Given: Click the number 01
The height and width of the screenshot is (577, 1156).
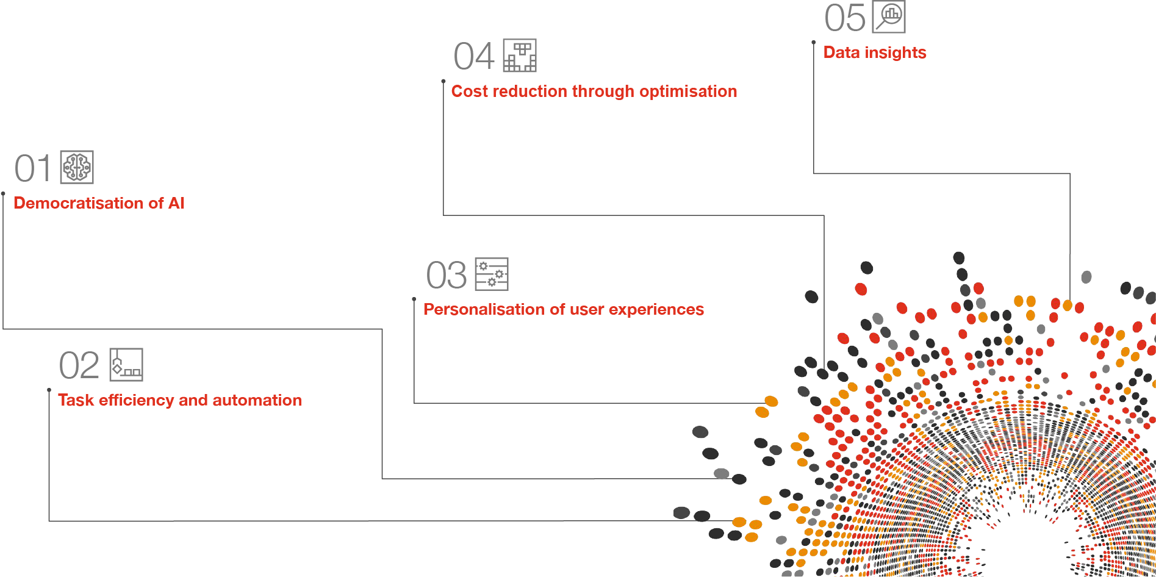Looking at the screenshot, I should click(x=33, y=168).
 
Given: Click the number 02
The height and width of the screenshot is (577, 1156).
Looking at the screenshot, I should click(x=79, y=366).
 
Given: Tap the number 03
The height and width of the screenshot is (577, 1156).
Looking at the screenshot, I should click(x=447, y=275).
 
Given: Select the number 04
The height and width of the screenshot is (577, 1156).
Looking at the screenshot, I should click(x=473, y=57).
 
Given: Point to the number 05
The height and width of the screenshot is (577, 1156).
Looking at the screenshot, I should click(x=844, y=18).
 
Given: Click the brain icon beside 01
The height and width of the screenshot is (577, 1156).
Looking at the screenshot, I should click(x=77, y=167).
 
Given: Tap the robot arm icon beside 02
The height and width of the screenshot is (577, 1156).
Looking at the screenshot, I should click(x=126, y=365).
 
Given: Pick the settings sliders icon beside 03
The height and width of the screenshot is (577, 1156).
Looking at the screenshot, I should click(x=492, y=274).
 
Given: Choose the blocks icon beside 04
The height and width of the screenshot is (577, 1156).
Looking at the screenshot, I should click(x=520, y=56).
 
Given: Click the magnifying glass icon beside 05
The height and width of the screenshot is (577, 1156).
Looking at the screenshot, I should click(x=889, y=16).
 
